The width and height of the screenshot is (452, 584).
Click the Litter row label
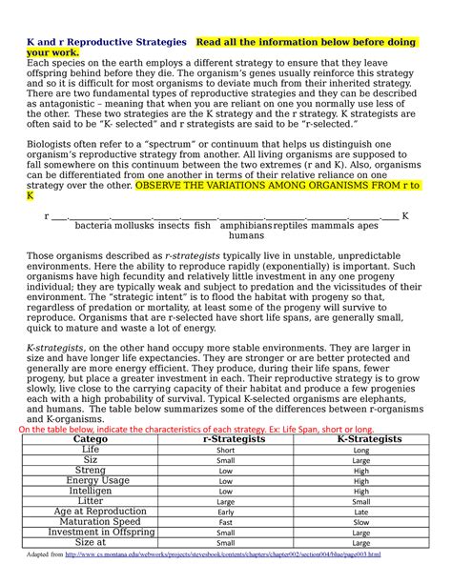pyautogui.click(x=91, y=501)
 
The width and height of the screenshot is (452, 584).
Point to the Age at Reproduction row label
pyautogui.click(x=91, y=512)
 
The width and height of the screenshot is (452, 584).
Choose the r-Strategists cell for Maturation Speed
pyautogui.click(x=226, y=523)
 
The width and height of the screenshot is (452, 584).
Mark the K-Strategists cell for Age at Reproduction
pyautogui.click(x=360, y=513)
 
